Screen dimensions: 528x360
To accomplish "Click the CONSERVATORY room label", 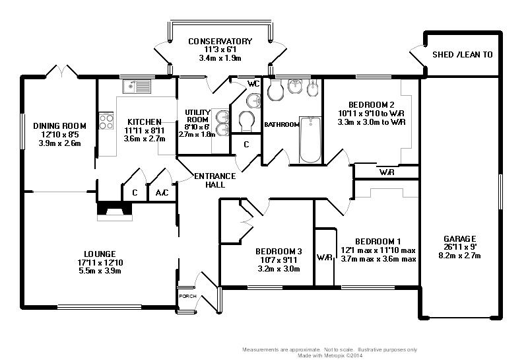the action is [220, 41].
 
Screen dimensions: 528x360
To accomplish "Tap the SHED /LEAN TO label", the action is [462, 55].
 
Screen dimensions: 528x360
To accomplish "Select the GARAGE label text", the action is [460, 238].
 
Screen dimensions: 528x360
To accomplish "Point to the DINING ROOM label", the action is [60, 126].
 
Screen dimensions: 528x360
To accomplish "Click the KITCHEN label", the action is [145, 122].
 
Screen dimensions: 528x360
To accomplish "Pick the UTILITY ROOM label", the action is [197, 116].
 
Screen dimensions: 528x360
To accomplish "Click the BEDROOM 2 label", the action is [372, 104].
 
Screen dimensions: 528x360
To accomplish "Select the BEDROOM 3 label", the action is [279, 251].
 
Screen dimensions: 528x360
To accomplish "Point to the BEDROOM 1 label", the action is [377, 241].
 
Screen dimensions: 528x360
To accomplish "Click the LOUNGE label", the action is [100, 254].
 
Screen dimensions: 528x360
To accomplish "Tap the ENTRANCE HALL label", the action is [214, 180].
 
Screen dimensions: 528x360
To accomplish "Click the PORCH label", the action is [187, 296].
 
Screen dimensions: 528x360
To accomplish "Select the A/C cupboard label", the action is [161, 194].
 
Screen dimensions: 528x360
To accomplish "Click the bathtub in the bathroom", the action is [310, 139].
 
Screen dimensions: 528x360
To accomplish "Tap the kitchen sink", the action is [137, 86].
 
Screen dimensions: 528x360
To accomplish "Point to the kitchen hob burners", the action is [106, 122].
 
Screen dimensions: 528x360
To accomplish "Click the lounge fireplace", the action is [114, 211].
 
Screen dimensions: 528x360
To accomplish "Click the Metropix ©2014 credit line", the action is [330, 354].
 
